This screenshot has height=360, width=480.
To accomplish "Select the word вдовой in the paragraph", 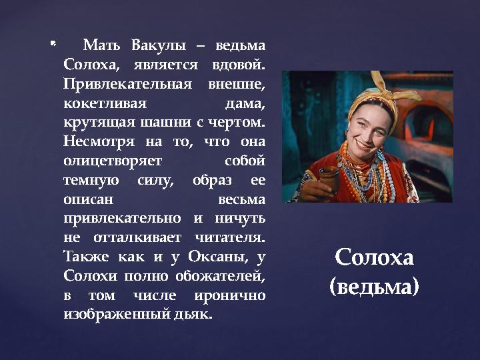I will coord(239,65).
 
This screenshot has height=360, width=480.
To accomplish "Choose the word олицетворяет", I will coord(106,161).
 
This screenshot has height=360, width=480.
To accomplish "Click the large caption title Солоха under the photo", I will coord(375,257).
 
